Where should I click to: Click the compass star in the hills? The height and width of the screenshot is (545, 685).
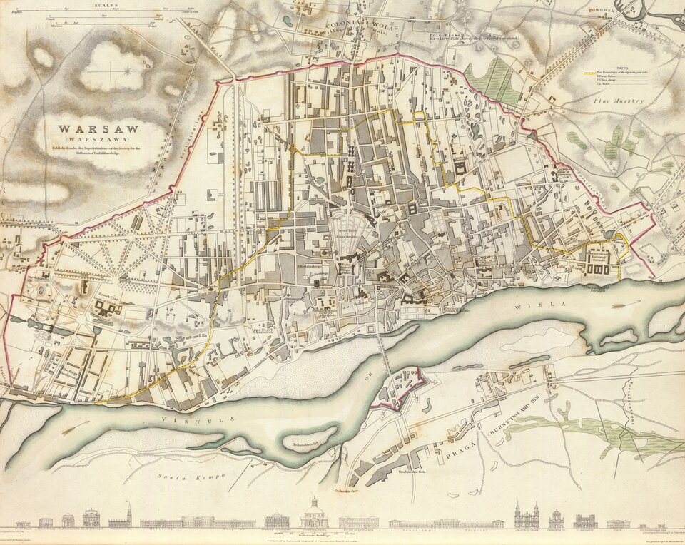tap(128, 70)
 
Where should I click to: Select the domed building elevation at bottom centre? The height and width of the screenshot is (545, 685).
tap(313, 515)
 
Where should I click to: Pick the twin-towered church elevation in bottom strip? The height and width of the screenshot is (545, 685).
tap(527, 516)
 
